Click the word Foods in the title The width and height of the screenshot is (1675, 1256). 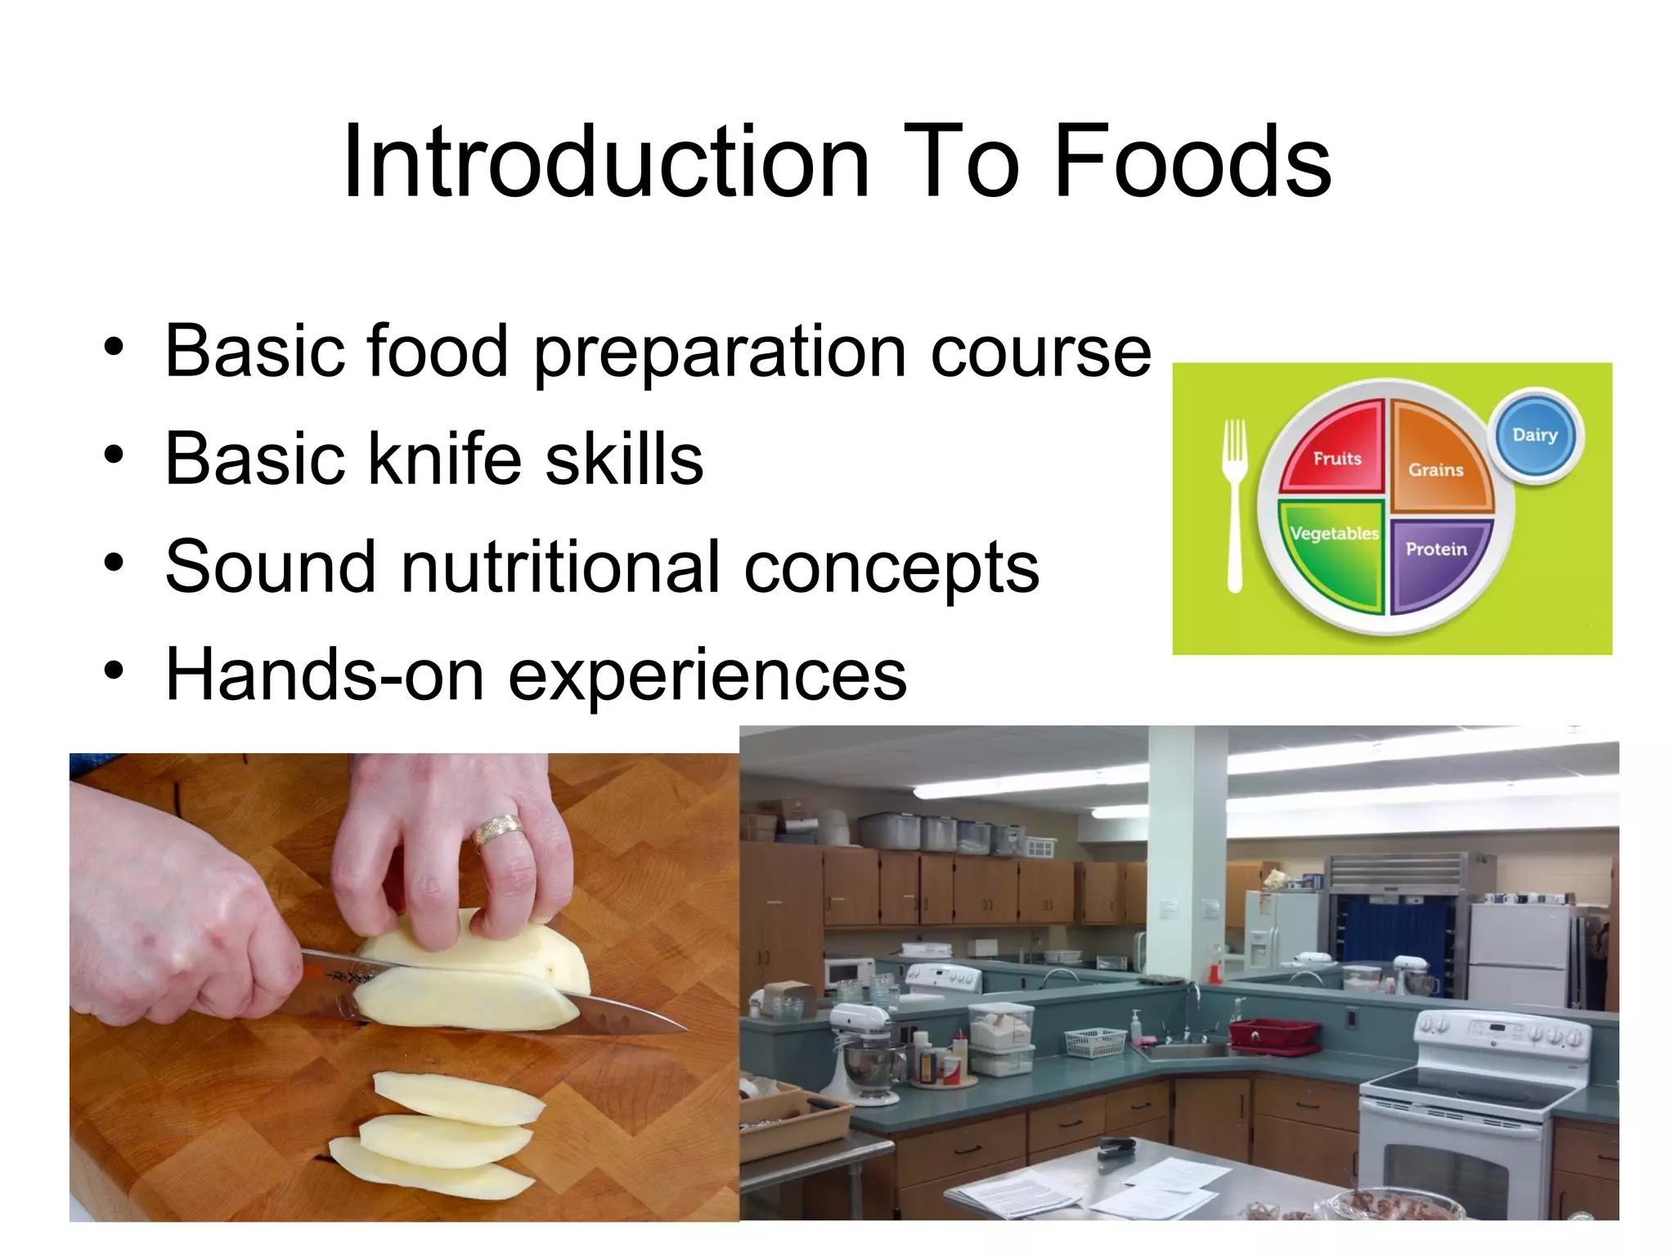click(x=1192, y=162)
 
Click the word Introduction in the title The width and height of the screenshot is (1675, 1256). click(x=606, y=162)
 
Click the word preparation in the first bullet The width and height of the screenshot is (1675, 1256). click(x=720, y=352)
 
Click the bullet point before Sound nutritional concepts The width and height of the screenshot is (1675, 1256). click(x=114, y=563)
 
